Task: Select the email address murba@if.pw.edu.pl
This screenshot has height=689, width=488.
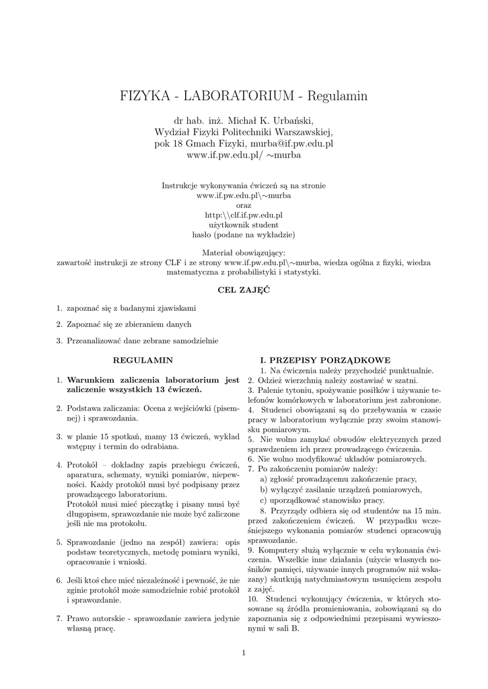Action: click(291, 143)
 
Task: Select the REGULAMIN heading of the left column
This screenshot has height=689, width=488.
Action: click(143, 360)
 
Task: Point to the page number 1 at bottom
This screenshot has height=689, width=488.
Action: click(244, 653)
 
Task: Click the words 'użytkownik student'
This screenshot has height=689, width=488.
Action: click(243, 225)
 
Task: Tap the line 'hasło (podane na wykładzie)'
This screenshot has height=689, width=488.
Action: click(243, 235)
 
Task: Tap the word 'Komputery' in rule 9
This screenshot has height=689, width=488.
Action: click(277, 550)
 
